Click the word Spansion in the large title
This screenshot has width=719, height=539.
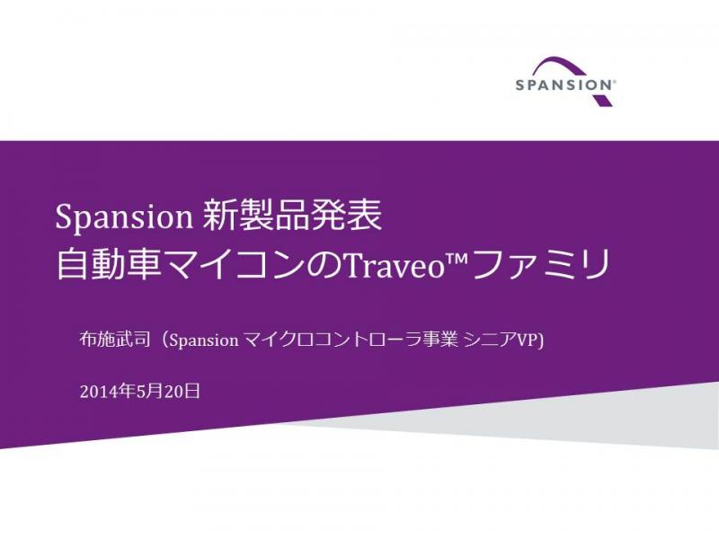124,217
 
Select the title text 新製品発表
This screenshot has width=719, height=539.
293,216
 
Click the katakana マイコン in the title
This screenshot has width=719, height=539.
234,265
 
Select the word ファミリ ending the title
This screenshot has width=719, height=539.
539,264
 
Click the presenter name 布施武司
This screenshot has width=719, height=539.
115,340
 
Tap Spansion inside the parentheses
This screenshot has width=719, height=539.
204,340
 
